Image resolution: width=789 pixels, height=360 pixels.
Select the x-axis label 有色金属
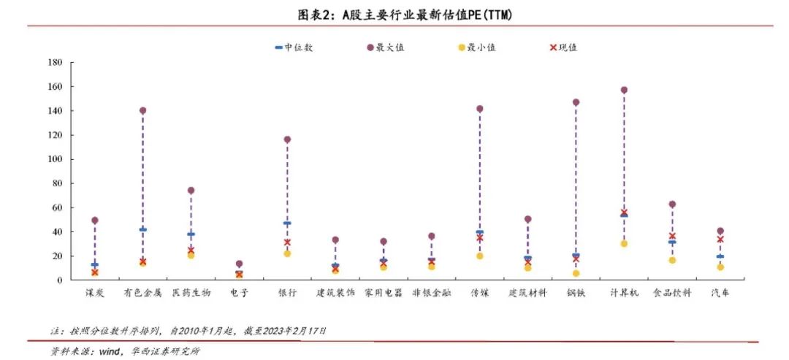pyautogui.click(x=142, y=293)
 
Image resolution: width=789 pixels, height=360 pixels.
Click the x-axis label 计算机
pyautogui.click(x=624, y=293)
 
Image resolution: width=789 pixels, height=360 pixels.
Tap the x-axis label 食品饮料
pyautogui.click(x=672, y=293)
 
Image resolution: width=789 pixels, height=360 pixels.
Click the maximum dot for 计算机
pyautogui.click(x=624, y=91)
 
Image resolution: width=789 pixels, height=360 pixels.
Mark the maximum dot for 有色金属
pyautogui.click(x=142, y=111)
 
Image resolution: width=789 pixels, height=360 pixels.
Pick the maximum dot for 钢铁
pyautogui.click(x=576, y=102)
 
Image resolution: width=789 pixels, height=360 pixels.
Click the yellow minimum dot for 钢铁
pyautogui.click(x=576, y=274)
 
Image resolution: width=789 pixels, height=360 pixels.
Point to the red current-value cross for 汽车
pyautogui.click(x=720, y=240)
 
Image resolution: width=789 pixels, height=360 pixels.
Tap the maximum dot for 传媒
pyautogui.click(x=479, y=109)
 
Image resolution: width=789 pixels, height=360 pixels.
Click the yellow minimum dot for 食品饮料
pyautogui.click(x=672, y=261)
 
